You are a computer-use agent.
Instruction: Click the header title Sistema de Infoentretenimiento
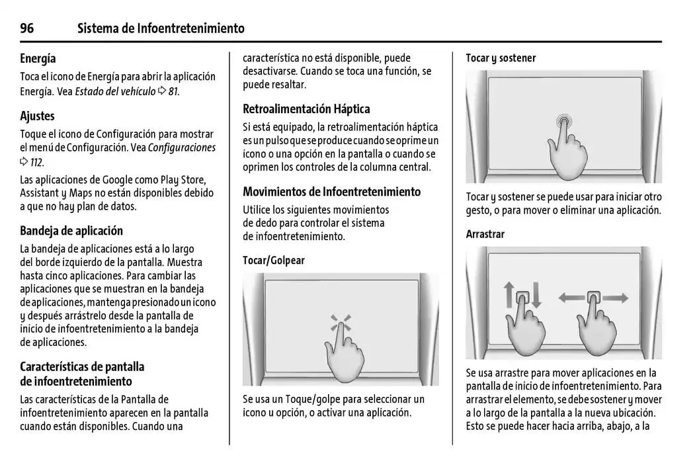161,28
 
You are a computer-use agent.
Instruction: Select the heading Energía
38,59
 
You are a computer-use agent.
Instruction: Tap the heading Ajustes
37,116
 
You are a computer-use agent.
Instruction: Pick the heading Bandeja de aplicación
71,231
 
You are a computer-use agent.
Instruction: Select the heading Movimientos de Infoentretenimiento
331,192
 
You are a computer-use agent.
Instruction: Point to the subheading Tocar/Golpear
274,261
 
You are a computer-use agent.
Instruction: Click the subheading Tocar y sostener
501,58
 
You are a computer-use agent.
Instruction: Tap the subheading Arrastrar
485,235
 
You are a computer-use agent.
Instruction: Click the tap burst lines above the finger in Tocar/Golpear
341,324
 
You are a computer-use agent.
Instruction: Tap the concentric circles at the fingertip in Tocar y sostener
563,121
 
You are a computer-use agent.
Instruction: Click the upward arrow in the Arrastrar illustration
509,295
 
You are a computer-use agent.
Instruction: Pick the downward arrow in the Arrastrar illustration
536,295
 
